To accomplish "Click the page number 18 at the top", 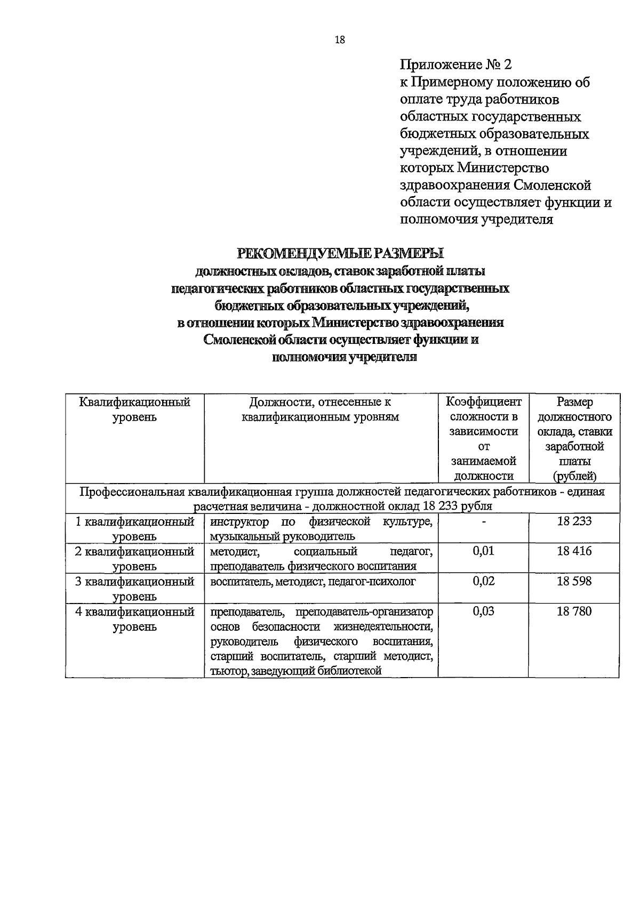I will (x=340, y=40).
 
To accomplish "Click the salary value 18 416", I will (x=574, y=551).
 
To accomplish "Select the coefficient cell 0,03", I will (x=483, y=612).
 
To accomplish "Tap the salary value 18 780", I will (x=574, y=612).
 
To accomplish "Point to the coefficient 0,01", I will (x=483, y=551).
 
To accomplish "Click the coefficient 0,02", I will (x=483, y=581).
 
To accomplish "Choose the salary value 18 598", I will (x=574, y=581).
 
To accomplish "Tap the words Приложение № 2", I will (x=455, y=65).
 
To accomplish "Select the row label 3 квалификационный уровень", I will (x=134, y=589).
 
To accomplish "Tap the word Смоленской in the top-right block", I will (x=553, y=186).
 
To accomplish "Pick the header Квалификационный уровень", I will (x=134, y=409).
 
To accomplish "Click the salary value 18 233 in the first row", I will (x=574, y=521).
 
